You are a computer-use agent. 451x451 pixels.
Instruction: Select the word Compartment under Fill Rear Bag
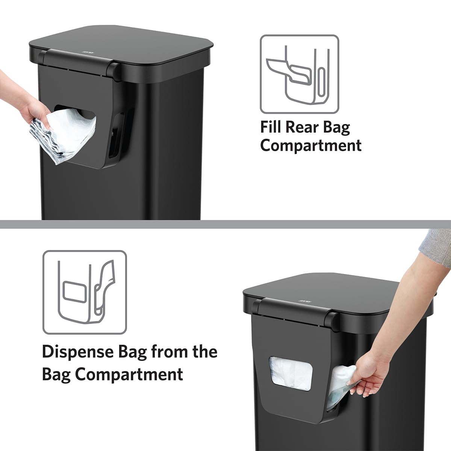point(310,145)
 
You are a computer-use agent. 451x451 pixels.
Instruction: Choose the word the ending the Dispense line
point(204,352)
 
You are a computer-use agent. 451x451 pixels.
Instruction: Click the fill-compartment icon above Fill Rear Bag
point(299,74)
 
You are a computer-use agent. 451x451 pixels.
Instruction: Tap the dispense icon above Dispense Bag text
point(84,292)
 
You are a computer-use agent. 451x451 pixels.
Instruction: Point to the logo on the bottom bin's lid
point(303,301)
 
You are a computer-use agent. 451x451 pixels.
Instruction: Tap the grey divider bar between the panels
point(225,224)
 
